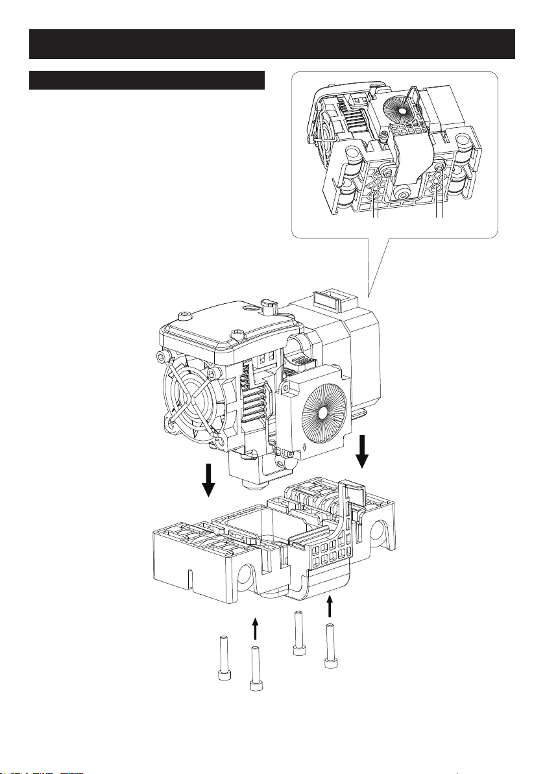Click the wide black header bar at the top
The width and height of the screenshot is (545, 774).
pyautogui.click(x=272, y=44)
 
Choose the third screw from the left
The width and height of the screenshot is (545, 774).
pyautogui.click(x=298, y=634)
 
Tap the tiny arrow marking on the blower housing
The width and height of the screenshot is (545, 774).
pyautogui.click(x=306, y=447)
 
